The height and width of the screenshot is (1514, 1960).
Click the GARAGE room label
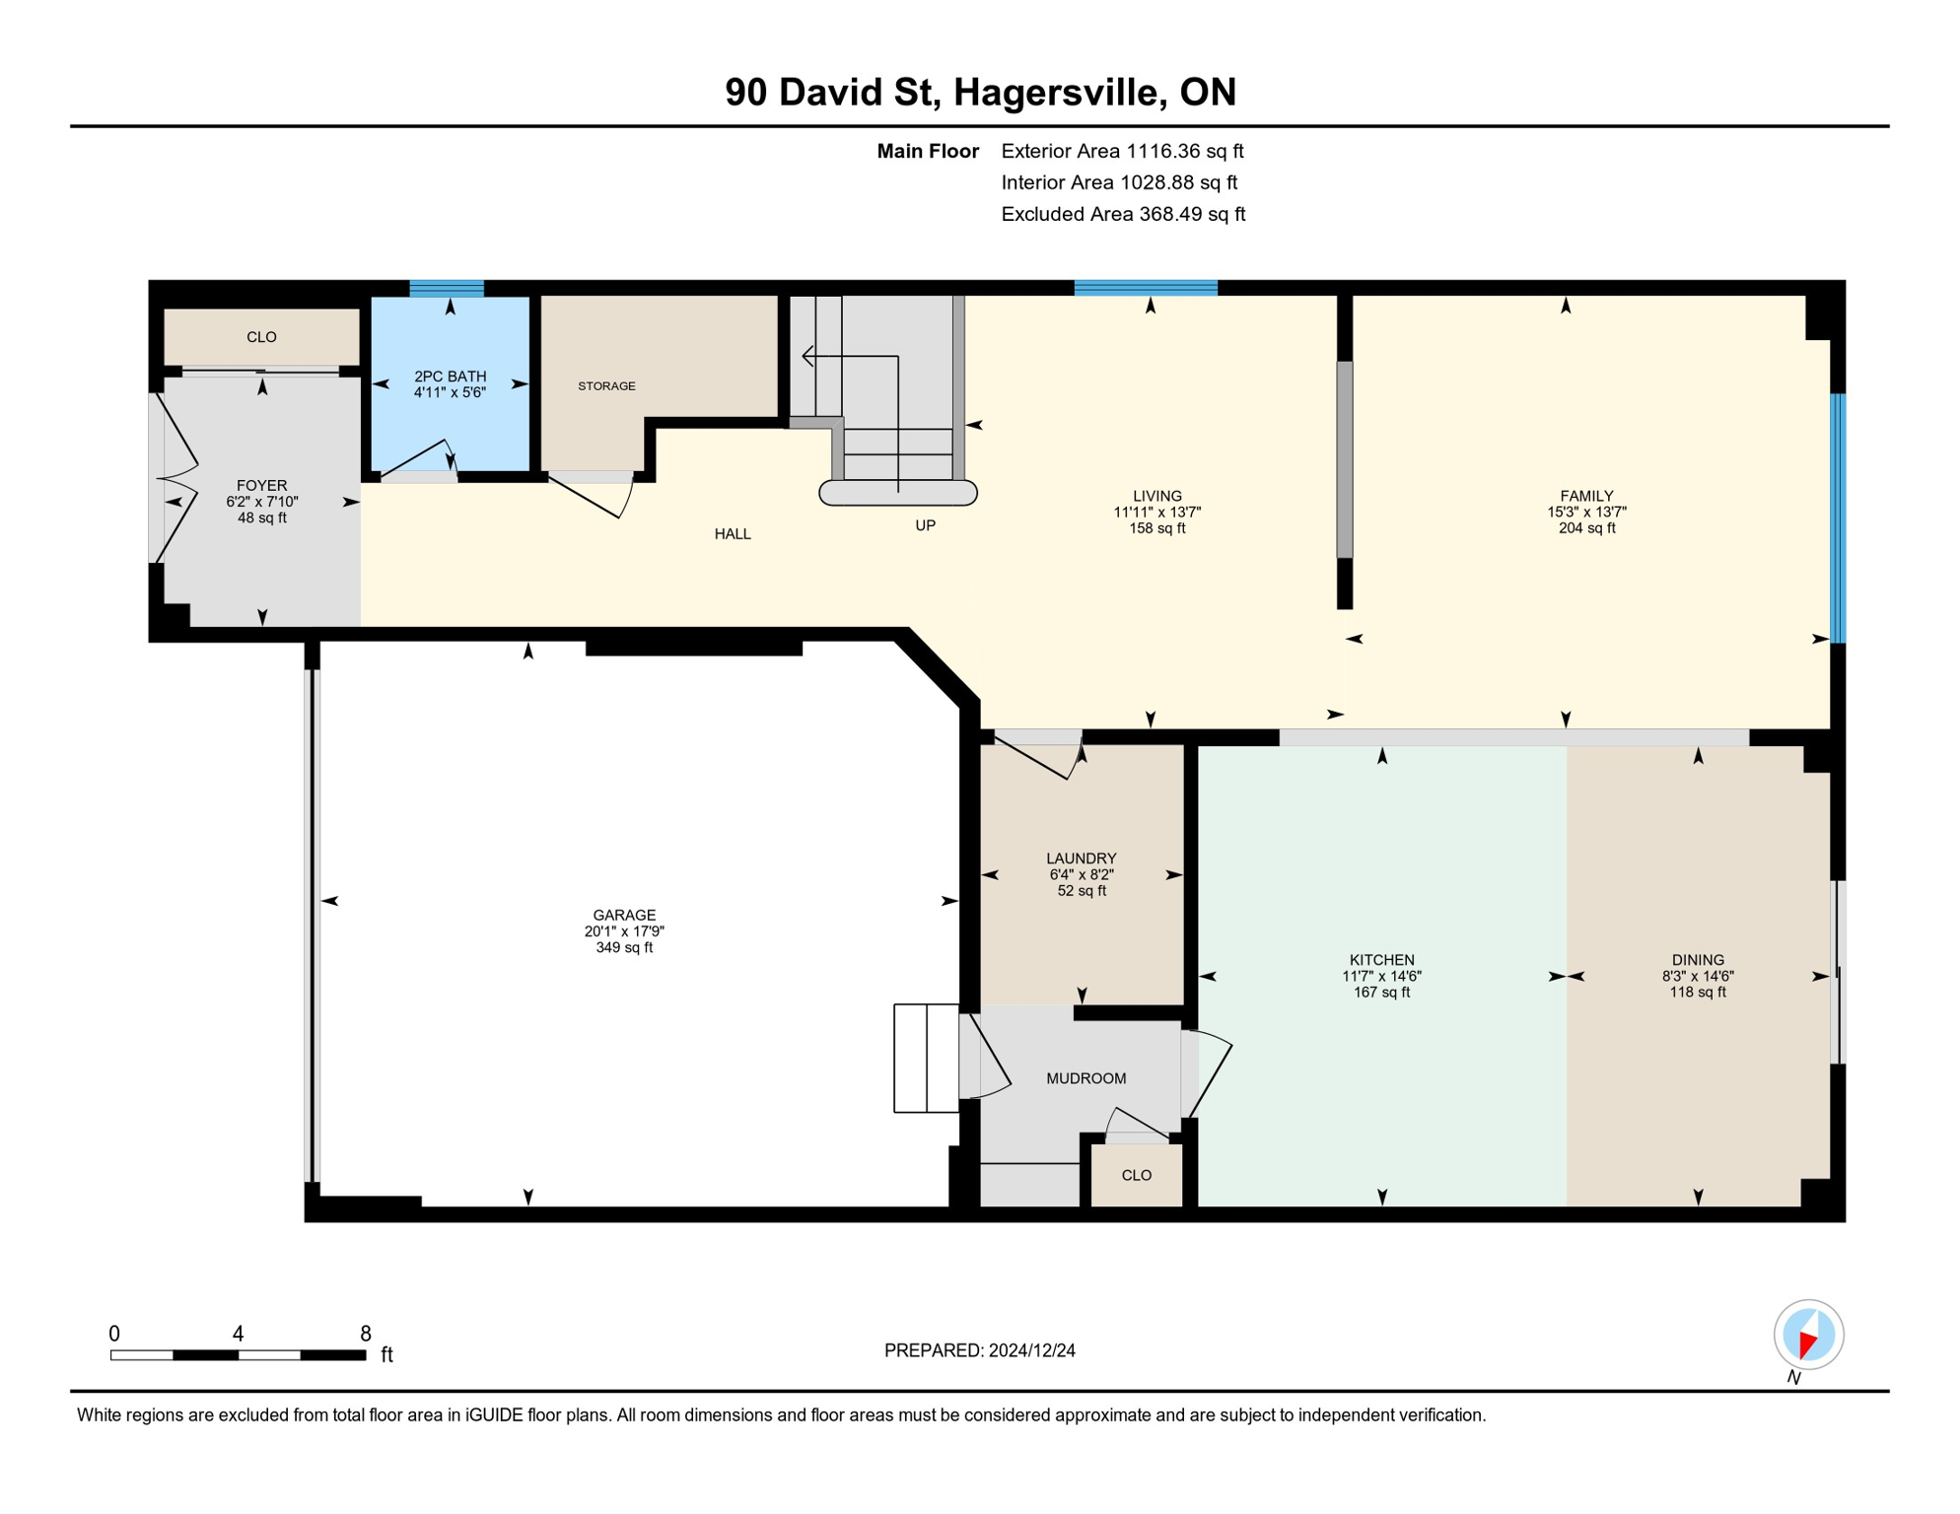pyautogui.click(x=624, y=915)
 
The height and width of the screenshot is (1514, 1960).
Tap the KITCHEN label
pyautogui.click(x=1381, y=960)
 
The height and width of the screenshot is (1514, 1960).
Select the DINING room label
pyautogui.click(x=1698, y=960)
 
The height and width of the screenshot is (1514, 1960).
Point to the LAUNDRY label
pyautogui.click(x=1082, y=859)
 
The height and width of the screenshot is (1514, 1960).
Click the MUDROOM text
pyautogui.click(x=1085, y=1078)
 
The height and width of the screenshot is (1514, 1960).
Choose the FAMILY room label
pyautogui.click(x=1586, y=496)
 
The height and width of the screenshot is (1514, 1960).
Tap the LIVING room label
pyautogui.click(x=1156, y=496)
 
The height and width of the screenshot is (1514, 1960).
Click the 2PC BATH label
pyautogui.click(x=450, y=377)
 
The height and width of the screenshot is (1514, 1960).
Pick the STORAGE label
pyautogui.click(x=606, y=386)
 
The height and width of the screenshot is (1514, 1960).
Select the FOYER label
pyautogui.click(x=261, y=486)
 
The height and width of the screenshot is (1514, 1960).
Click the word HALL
pyautogui.click(x=733, y=534)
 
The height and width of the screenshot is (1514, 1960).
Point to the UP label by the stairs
pyautogui.click(x=925, y=525)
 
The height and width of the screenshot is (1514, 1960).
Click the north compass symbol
pyautogui.click(x=1808, y=1336)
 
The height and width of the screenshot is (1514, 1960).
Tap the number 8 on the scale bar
pyautogui.click(x=366, y=1334)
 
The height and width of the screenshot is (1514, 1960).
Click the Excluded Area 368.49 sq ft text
pyautogui.click(x=1123, y=214)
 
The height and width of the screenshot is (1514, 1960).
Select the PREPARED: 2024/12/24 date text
pyautogui.click(x=979, y=1350)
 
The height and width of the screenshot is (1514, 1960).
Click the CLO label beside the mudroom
pyautogui.click(x=1137, y=1176)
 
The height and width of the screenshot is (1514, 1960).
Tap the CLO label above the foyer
pyautogui.click(x=261, y=337)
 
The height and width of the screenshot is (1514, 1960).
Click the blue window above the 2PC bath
pyautogui.click(x=447, y=289)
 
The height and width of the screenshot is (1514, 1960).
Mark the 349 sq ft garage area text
pyautogui.click(x=624, y=948)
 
